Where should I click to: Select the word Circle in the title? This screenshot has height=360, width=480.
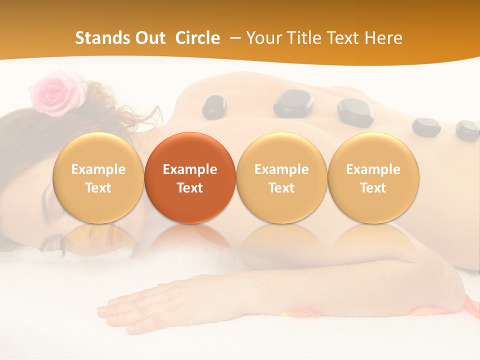(x=197, y=38)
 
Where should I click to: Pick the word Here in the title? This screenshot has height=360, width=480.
(x=383, y=38)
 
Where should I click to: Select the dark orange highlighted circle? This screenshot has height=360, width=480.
(x=190, y=178)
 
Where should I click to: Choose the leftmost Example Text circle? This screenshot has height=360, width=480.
(x=98, y=178)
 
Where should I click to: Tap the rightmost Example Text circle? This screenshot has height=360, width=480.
(x=373, y=178)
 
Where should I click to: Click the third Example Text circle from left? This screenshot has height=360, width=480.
(x=281, y=178)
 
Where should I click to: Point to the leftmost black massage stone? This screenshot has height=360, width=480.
(x=214, y=106)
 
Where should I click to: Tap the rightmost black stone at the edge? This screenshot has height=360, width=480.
(x=467, y=130)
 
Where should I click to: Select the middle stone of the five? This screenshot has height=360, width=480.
(x=355, y=111)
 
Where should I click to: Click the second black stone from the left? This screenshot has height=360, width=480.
(x=293, y=103)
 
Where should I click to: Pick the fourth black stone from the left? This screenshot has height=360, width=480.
(x=426, y=127)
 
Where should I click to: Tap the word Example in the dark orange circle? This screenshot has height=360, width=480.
(x=190, y=169)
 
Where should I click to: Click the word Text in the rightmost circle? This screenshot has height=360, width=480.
(x=373, y=188)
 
